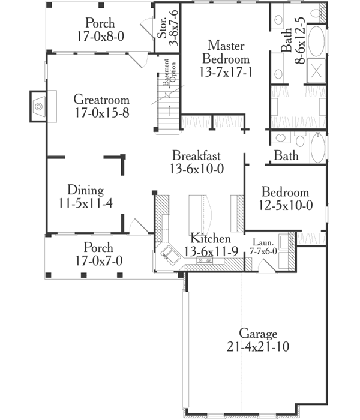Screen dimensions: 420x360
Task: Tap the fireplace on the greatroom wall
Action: (40, 107)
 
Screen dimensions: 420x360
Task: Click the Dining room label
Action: (86, 191)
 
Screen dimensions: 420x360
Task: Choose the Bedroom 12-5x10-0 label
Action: (285, 193)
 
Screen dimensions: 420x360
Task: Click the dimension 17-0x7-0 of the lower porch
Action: (100, 261)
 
